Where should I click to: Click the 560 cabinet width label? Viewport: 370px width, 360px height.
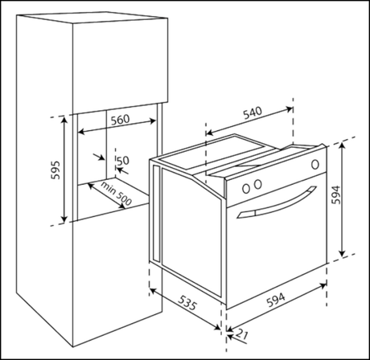120,120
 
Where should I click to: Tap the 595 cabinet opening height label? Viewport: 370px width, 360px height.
55,170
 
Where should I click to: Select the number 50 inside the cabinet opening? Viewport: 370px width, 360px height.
123,161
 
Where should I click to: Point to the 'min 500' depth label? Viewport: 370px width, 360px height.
116,193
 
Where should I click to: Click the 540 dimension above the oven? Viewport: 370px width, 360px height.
253,112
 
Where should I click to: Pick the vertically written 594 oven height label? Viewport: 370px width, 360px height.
335,194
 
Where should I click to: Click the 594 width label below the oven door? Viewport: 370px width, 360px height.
276,300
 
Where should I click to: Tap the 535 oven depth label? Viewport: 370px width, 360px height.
188,302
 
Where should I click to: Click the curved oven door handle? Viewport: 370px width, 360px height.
276,203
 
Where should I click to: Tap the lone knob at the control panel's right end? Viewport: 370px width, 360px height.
315,164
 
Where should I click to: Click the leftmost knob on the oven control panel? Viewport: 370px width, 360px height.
246,189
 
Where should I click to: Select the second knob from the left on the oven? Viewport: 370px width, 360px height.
258,184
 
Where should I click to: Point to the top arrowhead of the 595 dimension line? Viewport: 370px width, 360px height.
64,119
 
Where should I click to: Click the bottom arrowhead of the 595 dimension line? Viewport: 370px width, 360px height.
64,219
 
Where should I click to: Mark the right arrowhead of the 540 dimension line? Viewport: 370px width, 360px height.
290,108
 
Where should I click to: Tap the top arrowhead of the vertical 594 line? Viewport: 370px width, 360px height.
342,145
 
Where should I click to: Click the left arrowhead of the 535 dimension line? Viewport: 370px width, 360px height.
152,290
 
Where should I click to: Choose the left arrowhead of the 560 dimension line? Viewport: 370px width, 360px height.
80,132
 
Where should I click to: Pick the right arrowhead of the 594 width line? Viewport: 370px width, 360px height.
323,285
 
